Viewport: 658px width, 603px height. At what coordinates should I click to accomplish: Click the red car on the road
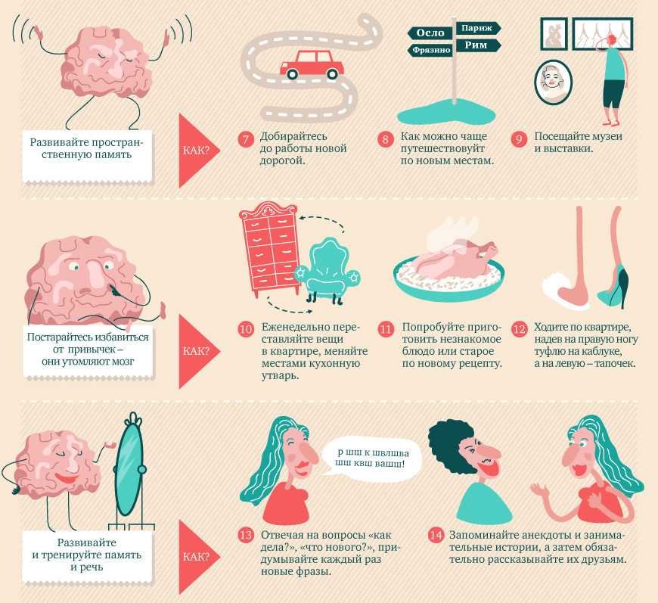coord(312,65)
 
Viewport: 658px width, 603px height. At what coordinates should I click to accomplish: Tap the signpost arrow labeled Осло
coord(430,33)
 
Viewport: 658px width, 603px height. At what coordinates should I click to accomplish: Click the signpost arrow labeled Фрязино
coord(430,51)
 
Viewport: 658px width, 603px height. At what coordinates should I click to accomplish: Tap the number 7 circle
coord(246,139)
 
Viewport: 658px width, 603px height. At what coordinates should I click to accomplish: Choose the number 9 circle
coord(519,139)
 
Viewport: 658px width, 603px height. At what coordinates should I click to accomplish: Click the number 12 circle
coord(519,329)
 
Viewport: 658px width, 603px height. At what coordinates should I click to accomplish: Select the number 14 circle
coord(436,536)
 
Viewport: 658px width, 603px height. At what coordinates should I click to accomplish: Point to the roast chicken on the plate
coord(449,260)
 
